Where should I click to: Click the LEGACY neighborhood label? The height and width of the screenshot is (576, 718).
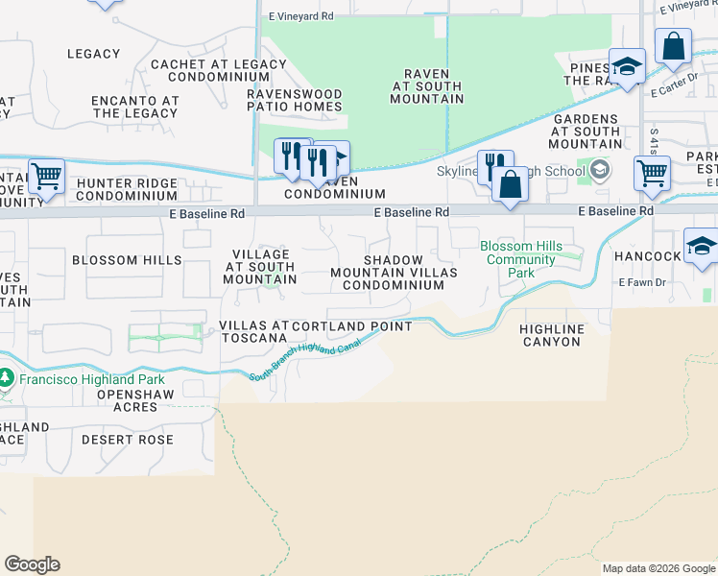click(94, 54)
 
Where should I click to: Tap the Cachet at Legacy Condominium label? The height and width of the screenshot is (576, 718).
click(218, 72)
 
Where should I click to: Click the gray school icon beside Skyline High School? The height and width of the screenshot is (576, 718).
click(600, 170)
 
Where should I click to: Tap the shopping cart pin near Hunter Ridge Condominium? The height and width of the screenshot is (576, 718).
click(46, 176)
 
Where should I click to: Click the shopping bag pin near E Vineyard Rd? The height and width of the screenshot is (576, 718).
click(674, 45)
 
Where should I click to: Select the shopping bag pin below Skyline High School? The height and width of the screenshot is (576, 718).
click(510, 184)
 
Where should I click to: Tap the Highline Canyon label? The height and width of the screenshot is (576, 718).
click(551, 335)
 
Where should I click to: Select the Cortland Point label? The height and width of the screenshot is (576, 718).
click(352, 326)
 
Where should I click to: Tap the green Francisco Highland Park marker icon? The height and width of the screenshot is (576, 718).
click(6, 377)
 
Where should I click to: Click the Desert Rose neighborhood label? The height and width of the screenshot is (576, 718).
click(128, 440)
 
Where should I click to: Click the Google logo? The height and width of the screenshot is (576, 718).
click(32, 564)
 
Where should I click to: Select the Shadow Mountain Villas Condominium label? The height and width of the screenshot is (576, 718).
click(394, 273)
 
